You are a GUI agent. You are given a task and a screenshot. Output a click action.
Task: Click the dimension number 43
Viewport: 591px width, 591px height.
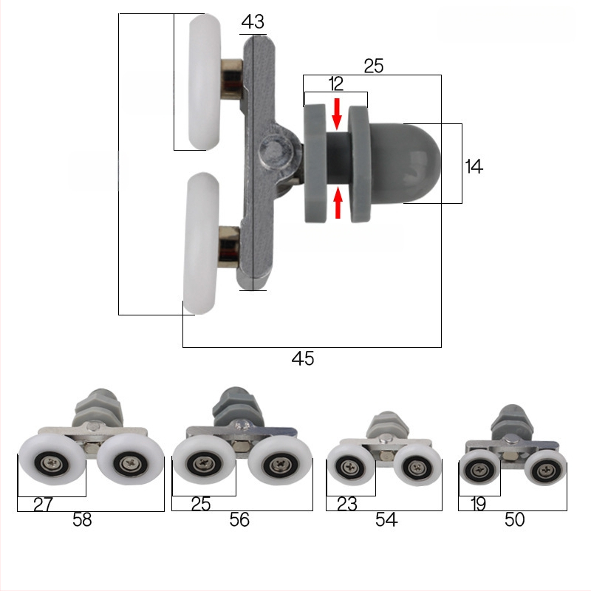click(x=253, y=21)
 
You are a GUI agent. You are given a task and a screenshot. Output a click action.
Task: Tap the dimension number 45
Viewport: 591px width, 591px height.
click(x=303, y=358)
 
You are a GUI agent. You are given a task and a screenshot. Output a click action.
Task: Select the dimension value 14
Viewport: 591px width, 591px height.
click(x=474, y=167)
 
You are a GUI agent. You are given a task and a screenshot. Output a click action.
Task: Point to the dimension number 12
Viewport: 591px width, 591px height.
click(x=335, y=83)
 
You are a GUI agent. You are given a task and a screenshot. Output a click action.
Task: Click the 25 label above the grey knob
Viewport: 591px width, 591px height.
click(x=374, y=66)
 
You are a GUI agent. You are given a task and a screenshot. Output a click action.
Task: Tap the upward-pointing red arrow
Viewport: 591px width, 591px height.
click(x=338, y=202)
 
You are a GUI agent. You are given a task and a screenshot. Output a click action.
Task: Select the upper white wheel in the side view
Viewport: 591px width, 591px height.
click(x=205, y=82)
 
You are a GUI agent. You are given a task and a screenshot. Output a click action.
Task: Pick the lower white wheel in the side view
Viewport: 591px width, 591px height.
click(x=201, y=244)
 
